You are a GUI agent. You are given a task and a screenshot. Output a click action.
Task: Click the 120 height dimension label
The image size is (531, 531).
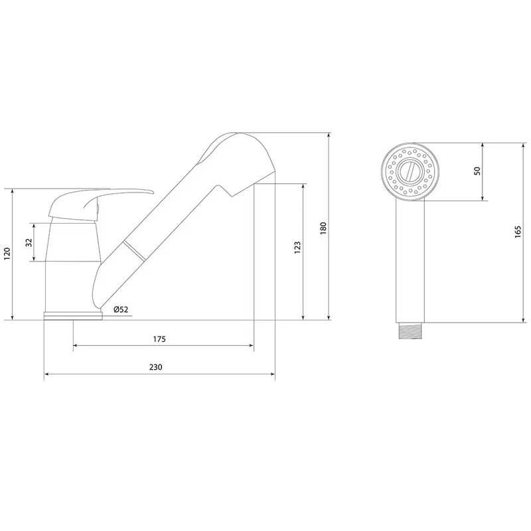(x=7, y=254)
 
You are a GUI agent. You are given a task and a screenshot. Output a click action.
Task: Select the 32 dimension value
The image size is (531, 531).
(x=29, y=242)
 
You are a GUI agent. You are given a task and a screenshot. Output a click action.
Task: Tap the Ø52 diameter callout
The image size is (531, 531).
(x=121, y=309)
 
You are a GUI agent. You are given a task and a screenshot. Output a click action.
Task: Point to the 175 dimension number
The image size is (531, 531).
(x=159, y=339)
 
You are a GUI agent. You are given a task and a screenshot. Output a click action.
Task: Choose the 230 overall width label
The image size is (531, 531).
(x=156, y=367)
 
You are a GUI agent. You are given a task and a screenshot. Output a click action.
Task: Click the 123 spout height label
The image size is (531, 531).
(x=297, y=248)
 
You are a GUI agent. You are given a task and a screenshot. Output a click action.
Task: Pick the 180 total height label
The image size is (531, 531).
(x=323, y=228)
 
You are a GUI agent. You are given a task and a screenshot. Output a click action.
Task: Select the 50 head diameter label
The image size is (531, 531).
(x=477, y=171)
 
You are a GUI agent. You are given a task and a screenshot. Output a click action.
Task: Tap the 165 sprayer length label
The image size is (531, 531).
(x=518, y=232)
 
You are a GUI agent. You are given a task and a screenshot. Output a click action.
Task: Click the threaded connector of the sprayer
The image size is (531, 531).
(x=410, y=331)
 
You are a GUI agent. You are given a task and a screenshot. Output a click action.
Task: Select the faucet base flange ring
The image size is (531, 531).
(x=73, y=316)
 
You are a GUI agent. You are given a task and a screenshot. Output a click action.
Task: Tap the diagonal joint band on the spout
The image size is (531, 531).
(x=135, y=251)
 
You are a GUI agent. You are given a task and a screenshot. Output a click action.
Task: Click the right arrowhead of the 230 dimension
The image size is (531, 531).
(x=272, y=374)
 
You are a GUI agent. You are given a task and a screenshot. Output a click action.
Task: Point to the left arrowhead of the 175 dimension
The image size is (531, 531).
(x=76, y=345)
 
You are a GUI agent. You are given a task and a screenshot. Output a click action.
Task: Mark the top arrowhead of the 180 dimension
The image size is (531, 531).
(x=329, y=135)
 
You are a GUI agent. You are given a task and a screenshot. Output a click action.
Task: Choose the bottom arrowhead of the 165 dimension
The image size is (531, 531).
(x=524, y=319)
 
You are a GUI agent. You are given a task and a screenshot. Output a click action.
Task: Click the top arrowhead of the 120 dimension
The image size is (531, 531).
(x=13, y=192)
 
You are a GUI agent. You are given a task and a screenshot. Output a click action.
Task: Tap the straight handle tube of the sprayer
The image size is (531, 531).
(x=410, y=261)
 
